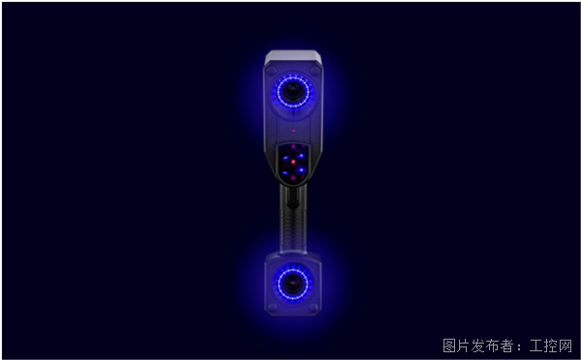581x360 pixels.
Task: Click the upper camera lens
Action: click(x=293, y=90)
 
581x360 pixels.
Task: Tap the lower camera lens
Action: click(x=292, y=284)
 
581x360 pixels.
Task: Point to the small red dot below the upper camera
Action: click(x=293, y=131)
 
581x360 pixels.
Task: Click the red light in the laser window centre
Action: click(x=293, y=162)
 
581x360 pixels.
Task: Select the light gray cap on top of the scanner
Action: click(x=292, y=56)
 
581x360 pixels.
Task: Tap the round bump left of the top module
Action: click(x=271, y=71)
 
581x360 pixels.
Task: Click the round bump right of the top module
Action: click(x=315, y=70)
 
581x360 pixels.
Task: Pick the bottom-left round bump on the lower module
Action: click(x=272, y=307)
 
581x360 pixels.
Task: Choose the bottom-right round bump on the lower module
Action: click(x=314, y=307)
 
